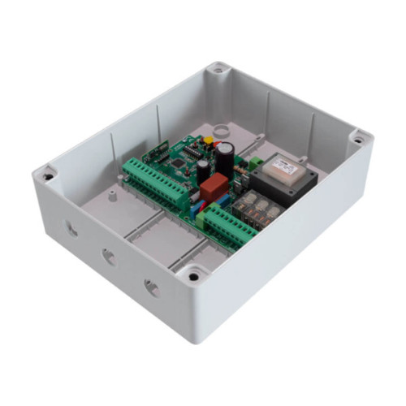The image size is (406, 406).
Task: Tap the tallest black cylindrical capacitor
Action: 225,153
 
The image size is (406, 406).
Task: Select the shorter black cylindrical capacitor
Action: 202,169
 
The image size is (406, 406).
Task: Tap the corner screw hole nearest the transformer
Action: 356,140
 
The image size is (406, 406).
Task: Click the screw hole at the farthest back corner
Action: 217,71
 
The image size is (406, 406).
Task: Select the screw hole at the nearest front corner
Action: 193,276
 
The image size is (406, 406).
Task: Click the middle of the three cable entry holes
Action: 109,257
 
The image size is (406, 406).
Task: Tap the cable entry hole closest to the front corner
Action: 151,287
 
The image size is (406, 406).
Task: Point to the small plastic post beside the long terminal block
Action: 112,195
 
